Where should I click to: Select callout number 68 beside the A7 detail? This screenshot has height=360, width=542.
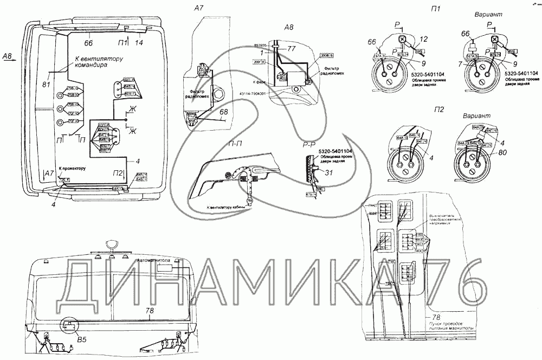tap(224, 112)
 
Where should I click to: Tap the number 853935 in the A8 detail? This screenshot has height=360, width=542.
tap(262, 45)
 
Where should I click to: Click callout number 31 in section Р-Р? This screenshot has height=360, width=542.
tap(328, 172)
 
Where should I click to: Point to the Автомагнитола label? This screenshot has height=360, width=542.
tap(155, 260)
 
